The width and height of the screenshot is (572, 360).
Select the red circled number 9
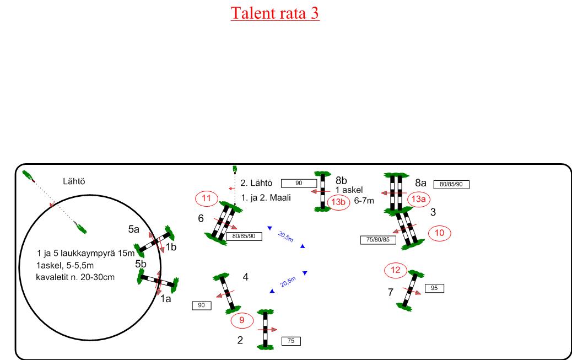241,319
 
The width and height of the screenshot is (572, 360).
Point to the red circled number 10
439,233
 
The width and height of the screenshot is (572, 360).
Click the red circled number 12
396,271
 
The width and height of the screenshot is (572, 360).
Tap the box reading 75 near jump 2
291,341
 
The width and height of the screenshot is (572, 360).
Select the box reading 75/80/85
377,240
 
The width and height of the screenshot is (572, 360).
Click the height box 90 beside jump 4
202,305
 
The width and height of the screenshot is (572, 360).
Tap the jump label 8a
422,181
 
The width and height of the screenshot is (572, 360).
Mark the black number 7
390,292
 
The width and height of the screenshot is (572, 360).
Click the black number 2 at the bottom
240,340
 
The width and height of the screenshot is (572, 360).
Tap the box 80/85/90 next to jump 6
244,236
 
